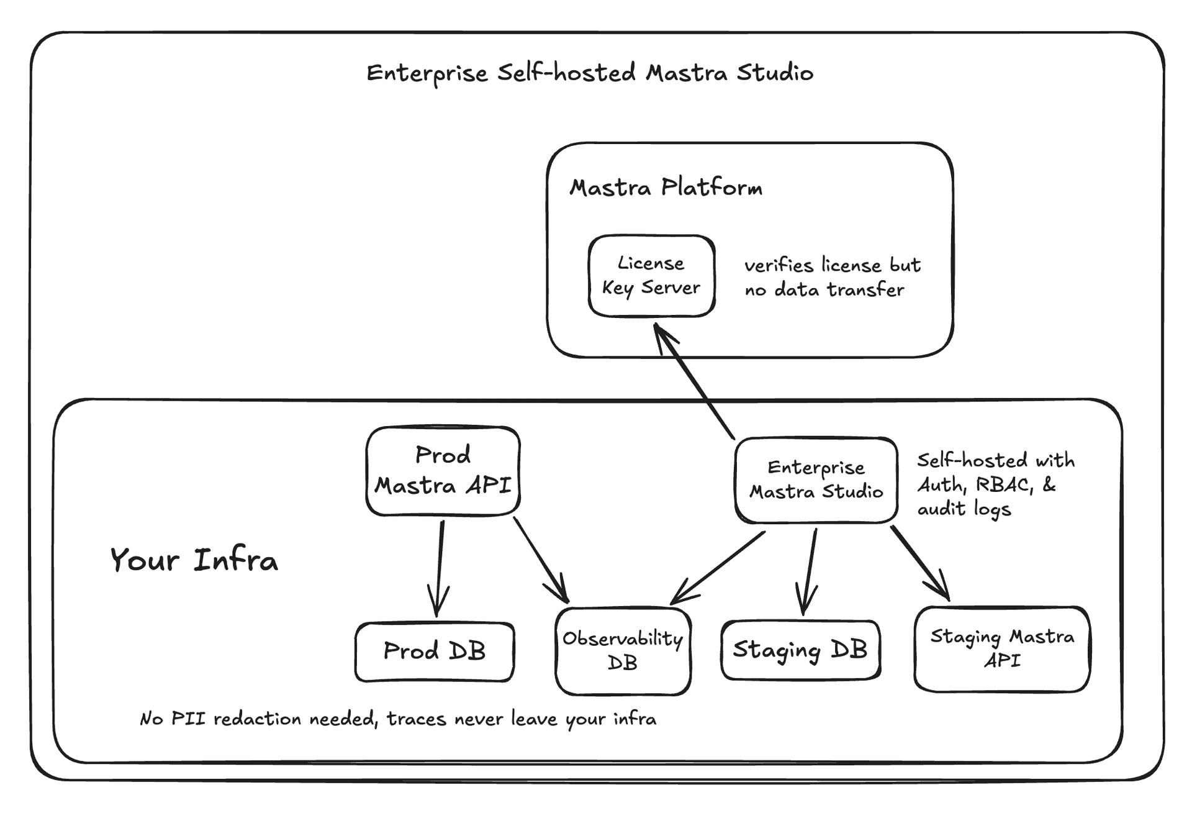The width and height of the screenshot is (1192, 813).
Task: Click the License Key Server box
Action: click(x=651, y=276)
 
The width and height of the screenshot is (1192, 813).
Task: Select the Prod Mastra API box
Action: click(x=443, y=471)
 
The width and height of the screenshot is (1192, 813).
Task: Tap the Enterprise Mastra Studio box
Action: click(x=816, y=479)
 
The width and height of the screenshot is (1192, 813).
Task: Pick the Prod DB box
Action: click(x=435, y=652)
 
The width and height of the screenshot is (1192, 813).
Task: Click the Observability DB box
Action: click(x=623, y=650)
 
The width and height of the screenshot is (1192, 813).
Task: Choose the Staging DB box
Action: click(x=800, y=650)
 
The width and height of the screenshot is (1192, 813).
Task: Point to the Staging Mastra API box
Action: click(x=1001, y=648)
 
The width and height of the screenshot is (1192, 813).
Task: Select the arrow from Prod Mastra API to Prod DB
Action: click(x=440, y=568)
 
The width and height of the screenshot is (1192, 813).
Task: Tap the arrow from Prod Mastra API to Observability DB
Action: click(x=541, y=560)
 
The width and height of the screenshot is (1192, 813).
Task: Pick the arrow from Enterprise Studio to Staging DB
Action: click(x=810, y=571)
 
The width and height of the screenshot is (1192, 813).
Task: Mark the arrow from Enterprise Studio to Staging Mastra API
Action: click(x=920, y=562)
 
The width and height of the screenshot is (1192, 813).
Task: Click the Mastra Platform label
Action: click(x=666, y=188)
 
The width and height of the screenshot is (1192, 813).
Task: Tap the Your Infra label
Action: click(x=194, y=560)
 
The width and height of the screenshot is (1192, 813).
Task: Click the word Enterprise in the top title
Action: click(x=427, y=74)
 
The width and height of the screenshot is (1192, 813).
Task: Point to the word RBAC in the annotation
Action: click(x=1004, y=485)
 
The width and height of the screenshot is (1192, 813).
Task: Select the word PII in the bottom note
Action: click(x=188, y=719)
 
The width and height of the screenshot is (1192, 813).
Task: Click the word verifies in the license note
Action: click(x=779, y=266)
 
